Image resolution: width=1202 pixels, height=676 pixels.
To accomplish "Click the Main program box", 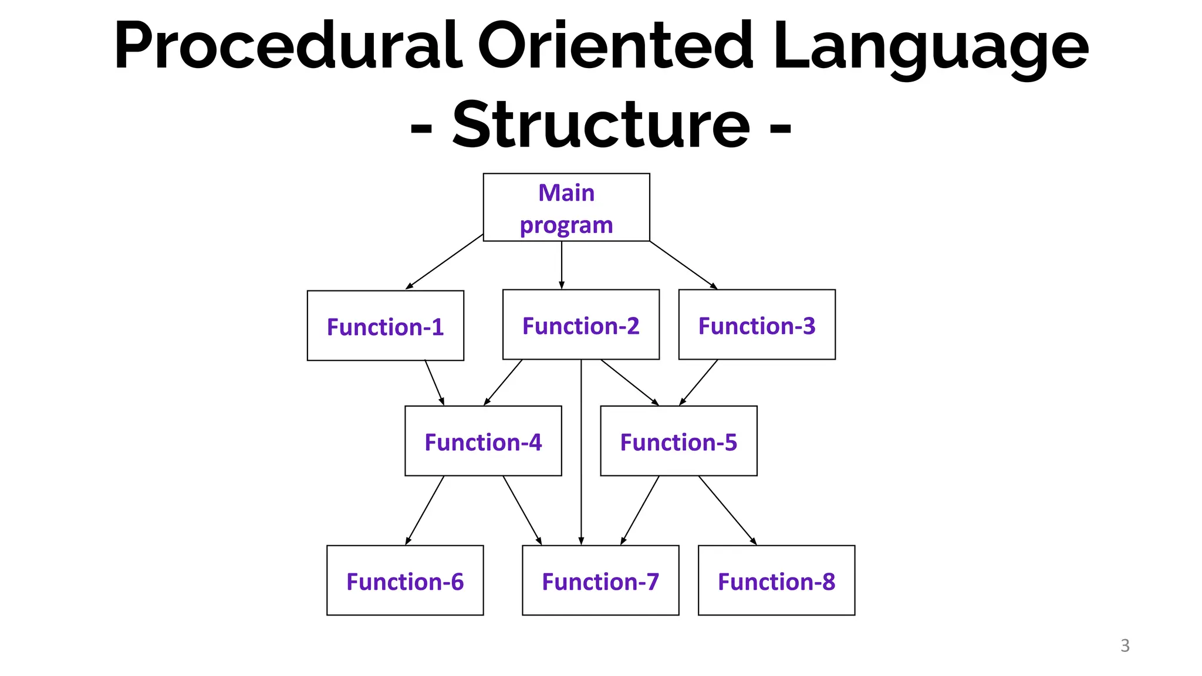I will click(x=566, y=207).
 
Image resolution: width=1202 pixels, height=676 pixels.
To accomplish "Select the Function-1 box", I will click(x=385, y=326).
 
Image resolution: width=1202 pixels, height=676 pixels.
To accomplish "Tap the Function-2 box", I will click(x=580, y=325).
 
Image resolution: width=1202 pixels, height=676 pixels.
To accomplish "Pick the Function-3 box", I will click(x=757, y=325).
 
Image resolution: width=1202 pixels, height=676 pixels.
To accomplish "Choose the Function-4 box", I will click(x=483, y=441).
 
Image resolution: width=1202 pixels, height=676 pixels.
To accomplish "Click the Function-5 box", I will click(x=678, y=441).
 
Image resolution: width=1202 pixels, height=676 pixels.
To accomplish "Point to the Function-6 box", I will click(x=405, y=580).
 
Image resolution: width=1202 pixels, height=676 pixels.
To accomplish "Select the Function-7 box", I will click(x=600, y=580).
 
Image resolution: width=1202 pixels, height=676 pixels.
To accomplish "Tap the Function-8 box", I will click(x=776, y=580).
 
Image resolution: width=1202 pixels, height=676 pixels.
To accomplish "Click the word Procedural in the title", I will click(x=288, y=46).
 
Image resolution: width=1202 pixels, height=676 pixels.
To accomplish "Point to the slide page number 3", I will click(x=1125, y=645).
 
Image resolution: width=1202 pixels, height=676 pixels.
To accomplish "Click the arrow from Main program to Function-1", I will click(x=444, y=262).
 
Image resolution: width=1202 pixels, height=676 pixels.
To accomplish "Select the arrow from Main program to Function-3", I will click(x=683, y=265).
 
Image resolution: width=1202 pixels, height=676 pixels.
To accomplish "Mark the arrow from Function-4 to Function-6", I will click(x=425, y=510).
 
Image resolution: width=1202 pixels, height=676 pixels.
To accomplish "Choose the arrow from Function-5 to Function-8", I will click(x=727, y=510).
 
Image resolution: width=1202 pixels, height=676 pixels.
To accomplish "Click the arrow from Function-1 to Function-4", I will click(x=434, y=383).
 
